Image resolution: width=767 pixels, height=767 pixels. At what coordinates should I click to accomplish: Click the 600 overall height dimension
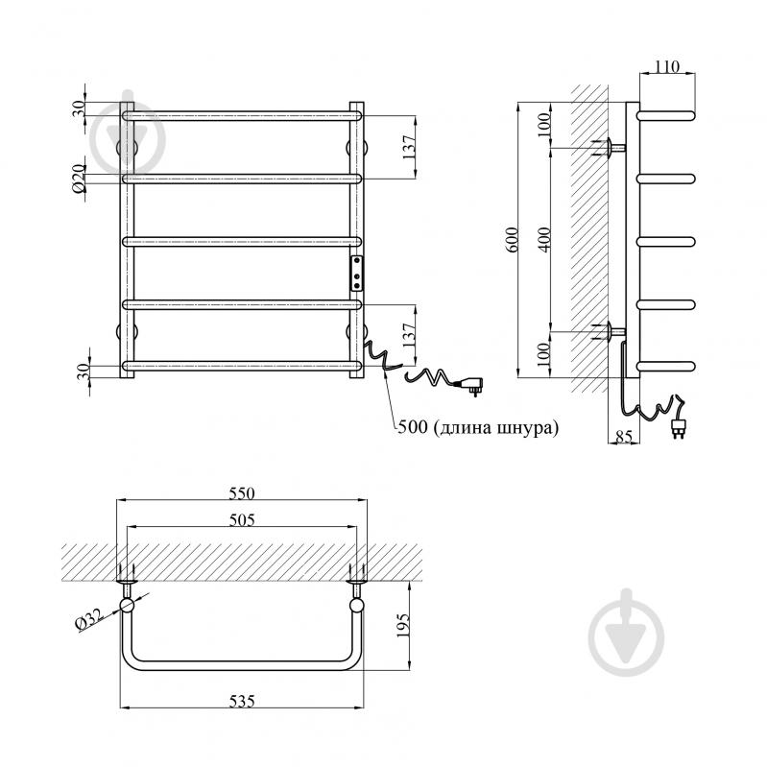click(x=512, y=240)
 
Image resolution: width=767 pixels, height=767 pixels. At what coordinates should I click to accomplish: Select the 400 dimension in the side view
click(x=546, y=240)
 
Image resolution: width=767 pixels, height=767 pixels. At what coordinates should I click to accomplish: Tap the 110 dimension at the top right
click(x=667, y=66)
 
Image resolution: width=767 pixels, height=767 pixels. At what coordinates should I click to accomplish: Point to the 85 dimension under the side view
click(x=624, y=436)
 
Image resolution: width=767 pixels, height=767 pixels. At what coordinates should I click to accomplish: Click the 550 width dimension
click(x=242, y=493)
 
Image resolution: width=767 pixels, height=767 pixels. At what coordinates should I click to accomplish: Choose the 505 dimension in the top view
click(x=242, y=519)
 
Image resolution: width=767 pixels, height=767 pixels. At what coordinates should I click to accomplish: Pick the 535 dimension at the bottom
click(x=242, y=702)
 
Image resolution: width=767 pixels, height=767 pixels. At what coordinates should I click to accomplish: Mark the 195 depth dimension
click(x=402, y=626)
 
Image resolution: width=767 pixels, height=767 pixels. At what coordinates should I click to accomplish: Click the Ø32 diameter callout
click(x=88, y=619)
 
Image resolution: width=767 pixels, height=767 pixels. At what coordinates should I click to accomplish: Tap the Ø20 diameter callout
click(x=79, y=179)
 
